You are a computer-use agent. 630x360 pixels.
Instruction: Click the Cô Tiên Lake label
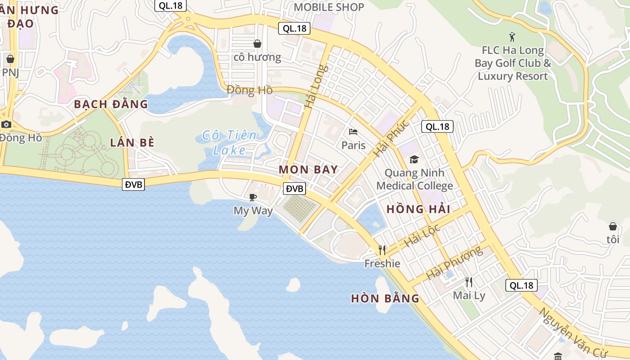[x=229, y=142]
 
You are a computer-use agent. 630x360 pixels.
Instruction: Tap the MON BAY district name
[x=308, y=170]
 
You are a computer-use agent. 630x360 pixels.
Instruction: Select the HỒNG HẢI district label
[x=418, y=209]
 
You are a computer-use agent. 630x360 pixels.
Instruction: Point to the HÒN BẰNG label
[x=385, y=298]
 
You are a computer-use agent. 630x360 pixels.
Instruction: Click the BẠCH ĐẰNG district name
[x=111, y=104]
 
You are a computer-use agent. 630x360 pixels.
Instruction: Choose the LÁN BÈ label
[x=132, y=143]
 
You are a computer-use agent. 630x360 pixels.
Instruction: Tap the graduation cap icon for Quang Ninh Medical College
[x=414, y=159]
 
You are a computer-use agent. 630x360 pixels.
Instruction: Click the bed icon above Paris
[x=353, y=132]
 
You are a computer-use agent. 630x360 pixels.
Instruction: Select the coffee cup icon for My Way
[x=253, y=197]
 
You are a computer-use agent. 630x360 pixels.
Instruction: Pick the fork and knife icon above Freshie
[x=382, y=250]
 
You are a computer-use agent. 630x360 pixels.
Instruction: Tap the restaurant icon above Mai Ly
[x=469, y=282]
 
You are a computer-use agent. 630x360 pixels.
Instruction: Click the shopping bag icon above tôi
[x=612, y=226]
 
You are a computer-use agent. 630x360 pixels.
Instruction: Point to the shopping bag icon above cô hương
[x=257, y=44]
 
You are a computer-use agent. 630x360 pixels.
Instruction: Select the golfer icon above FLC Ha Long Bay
[x=512, y=36]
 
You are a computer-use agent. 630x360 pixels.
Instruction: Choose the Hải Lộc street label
[x=422, y=235]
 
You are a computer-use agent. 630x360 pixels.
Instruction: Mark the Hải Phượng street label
[x=454, y=262]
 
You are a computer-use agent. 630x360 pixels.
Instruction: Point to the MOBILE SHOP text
[x=329, y=7]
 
